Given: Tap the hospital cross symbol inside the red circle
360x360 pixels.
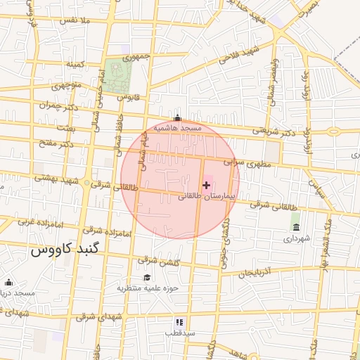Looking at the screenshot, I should coord(206,185).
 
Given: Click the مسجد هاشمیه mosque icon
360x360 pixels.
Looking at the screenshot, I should coord(177,119).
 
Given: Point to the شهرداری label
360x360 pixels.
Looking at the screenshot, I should coord(296,239).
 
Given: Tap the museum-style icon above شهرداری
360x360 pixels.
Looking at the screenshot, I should coord(296,228).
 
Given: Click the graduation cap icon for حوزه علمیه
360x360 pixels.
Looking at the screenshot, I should coord(147,278).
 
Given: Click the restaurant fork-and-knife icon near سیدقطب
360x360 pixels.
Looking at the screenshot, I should coord(179,321).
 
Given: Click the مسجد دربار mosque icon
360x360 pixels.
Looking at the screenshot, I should coord(8,282).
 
